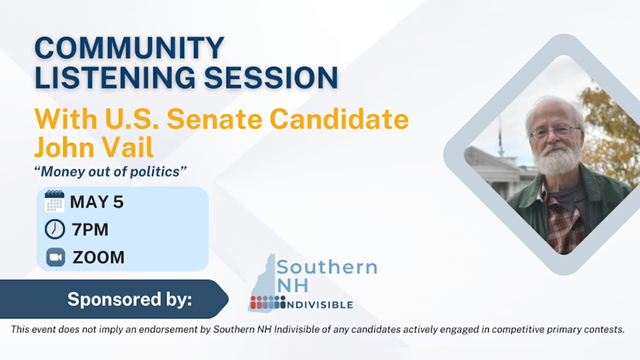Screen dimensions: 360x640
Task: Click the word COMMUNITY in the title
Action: point(130,48)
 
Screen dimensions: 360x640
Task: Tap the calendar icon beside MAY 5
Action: point(55,201)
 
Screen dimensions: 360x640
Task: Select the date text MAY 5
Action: point(97,202)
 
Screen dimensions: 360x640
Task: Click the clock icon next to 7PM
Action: point(55,229)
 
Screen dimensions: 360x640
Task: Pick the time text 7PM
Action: point(90,230)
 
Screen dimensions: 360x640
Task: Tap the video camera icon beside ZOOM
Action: point(55,257)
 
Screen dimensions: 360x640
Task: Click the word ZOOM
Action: point(98,258)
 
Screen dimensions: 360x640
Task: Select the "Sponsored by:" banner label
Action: point(129,300)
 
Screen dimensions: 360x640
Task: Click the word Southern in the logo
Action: point(327,268)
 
